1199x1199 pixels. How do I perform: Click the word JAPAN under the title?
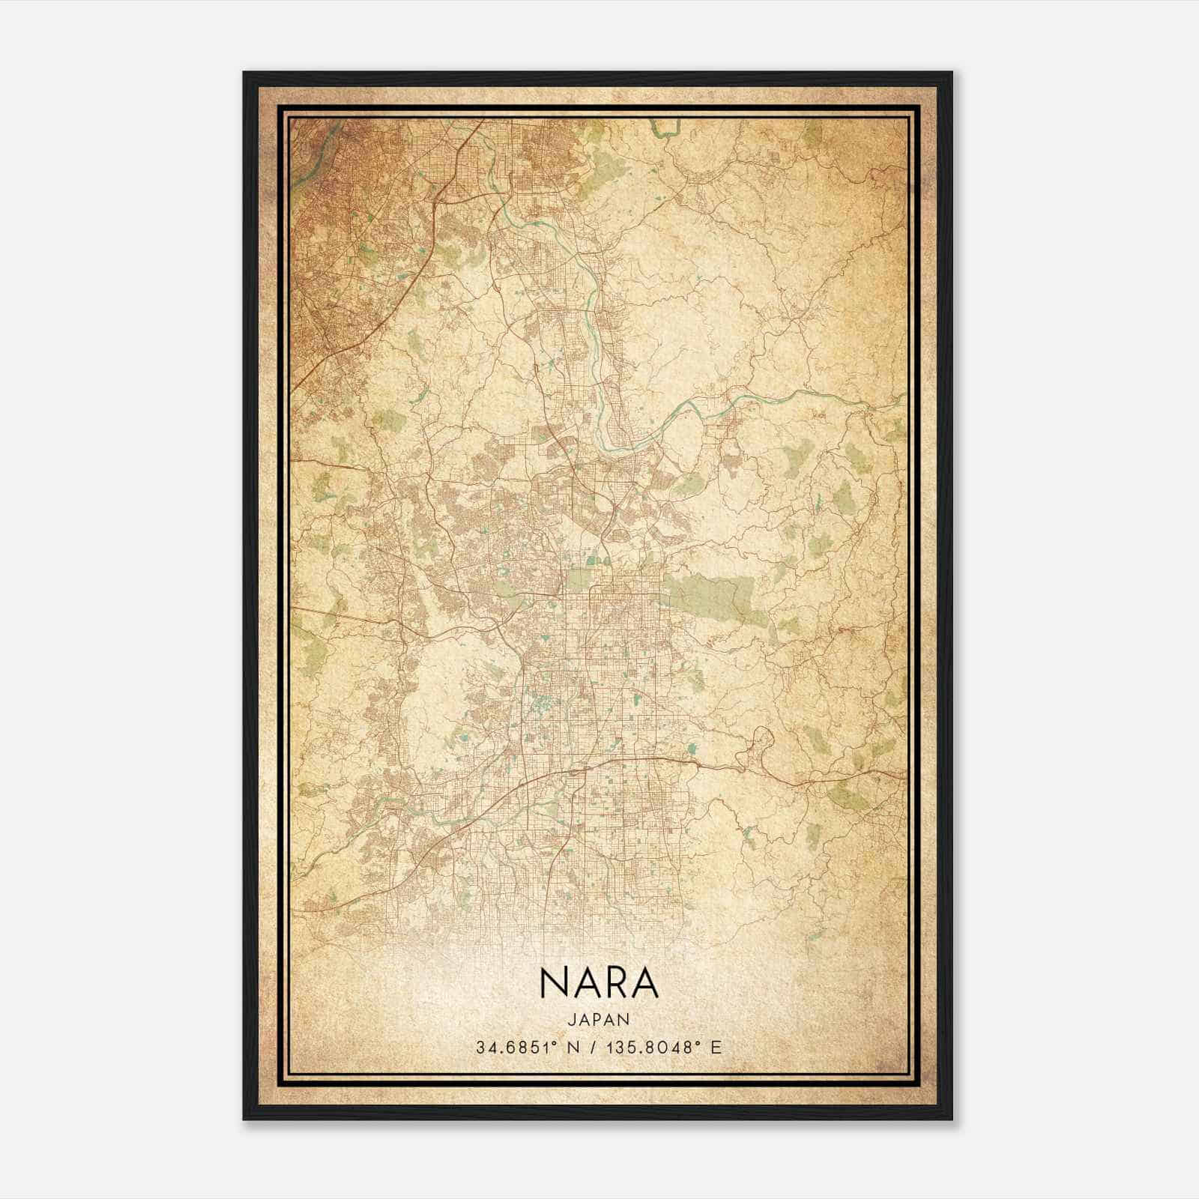coord(599,1019)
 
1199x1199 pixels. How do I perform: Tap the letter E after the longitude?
coord(716,1047)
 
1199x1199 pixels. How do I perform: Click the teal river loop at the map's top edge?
coord(662,129)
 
